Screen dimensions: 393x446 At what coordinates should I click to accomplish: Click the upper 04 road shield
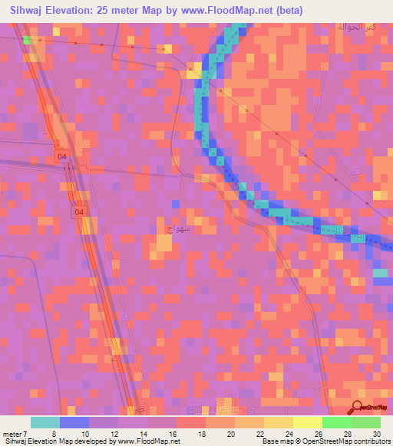pos(62,157)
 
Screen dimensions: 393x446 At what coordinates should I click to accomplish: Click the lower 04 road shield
pos(80,212)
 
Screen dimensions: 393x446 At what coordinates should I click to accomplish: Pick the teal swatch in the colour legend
pos(45,422)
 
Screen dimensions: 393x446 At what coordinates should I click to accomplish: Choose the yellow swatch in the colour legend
pos(308,422)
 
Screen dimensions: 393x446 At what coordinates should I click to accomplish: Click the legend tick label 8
pos(54,434)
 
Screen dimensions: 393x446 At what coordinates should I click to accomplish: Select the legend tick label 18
pos(202,434)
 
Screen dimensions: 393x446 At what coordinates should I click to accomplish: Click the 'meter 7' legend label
pos(14,434)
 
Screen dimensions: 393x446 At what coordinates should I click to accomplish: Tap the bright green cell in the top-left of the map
pos(28,39)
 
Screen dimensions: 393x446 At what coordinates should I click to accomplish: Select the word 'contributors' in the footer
pos(372,441)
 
